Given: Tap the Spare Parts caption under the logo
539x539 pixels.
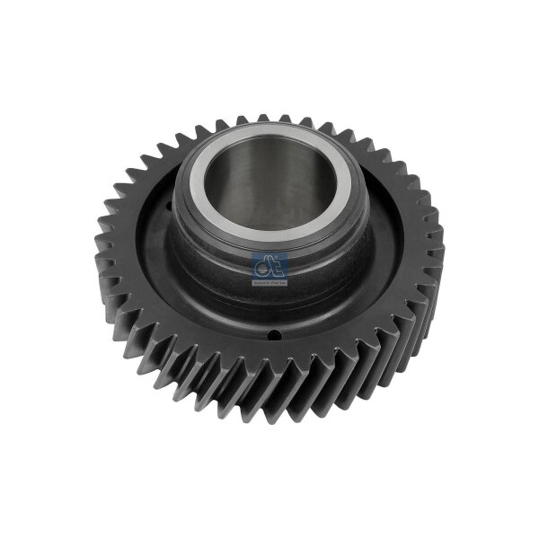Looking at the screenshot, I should click(268, 282).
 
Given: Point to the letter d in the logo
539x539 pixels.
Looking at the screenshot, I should click(262, 266).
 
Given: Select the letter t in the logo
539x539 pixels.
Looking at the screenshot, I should click(273, 266).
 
